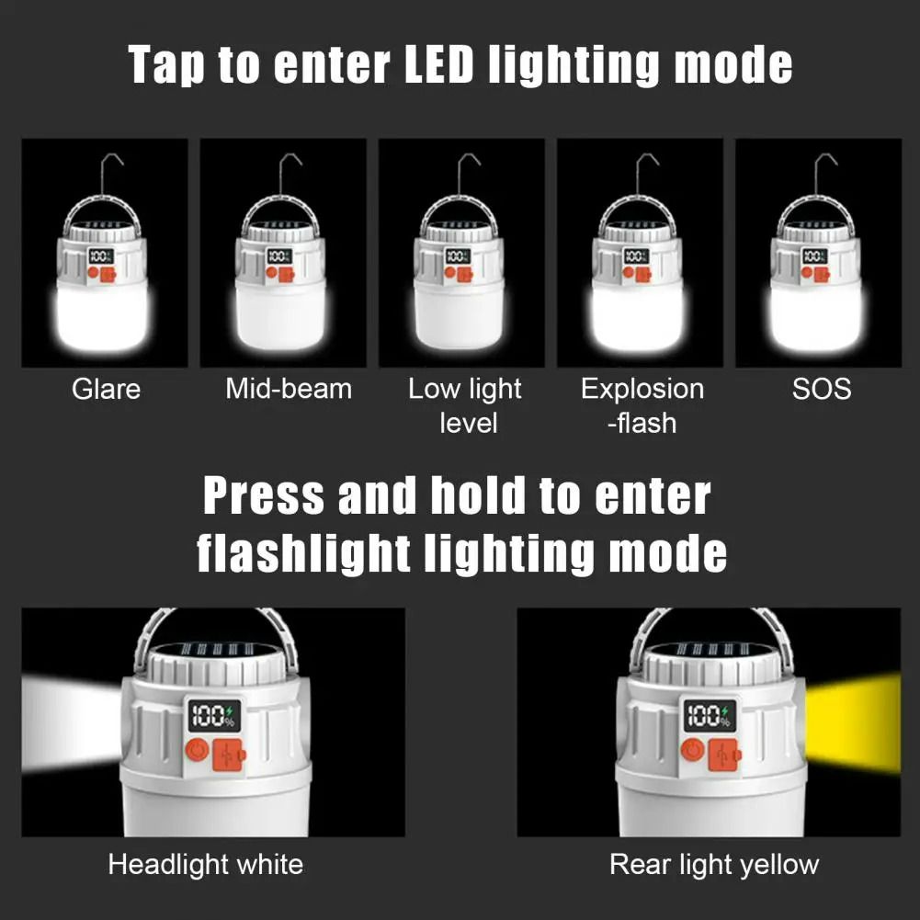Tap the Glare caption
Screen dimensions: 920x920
tap(106, 389)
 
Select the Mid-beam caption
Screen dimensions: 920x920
tap(289, 389)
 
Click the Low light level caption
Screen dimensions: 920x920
tap(465, 405)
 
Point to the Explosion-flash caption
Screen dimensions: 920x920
tap(642, 405)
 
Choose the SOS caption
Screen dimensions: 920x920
tap(822, 389)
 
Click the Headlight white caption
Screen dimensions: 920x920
tap(205, 864)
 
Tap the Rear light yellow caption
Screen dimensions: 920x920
tap(713, 864)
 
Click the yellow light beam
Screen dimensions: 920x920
tap(853, 722)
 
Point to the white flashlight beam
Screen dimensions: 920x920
tap(69, 722)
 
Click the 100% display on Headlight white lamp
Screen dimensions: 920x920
tap(213, 716)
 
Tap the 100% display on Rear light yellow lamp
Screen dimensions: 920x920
tap(709, 716)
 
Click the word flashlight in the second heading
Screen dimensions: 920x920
tap(303, 553)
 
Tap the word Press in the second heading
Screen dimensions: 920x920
tap(264, 496)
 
